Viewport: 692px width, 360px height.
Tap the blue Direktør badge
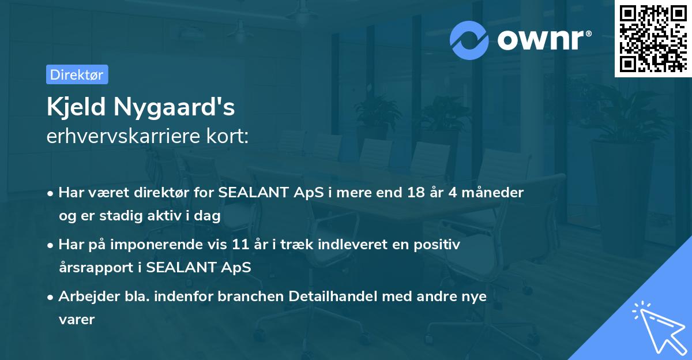[x=77, y=74]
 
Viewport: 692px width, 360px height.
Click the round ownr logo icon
[x=469, y=39]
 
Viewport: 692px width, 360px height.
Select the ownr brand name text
[x=541, y=39]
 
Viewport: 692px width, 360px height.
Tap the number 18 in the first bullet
[x=413, y=193]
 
